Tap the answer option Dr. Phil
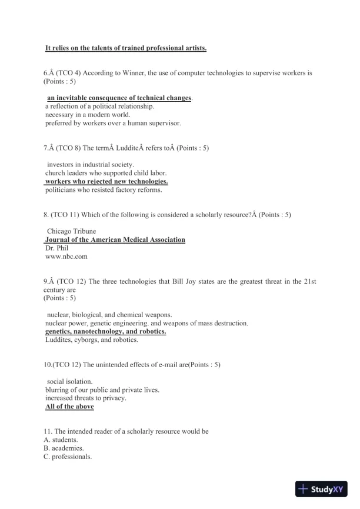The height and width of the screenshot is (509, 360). [x=57, y=248]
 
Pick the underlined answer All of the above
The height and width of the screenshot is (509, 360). [x=69, y=407]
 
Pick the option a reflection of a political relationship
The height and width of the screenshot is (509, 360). [x=99, y=107]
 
